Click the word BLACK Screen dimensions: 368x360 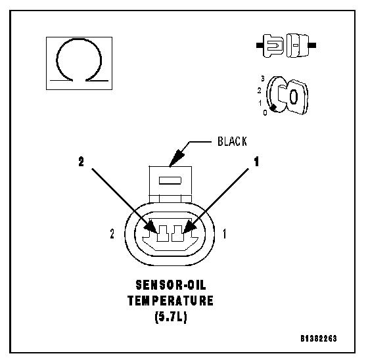click(x=232, y=141)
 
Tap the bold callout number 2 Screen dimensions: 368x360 click(x=81, y=162)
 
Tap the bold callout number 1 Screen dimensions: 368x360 click(x=256, y=162)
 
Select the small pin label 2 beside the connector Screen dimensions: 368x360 click(x=112, y=234)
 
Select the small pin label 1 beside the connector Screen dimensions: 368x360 click(x=225, y=234)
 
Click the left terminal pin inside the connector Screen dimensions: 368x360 click(x=163, y=233)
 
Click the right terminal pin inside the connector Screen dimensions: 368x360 click(x=177, y=233)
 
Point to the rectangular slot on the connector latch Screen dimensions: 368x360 click(x=170, y=181)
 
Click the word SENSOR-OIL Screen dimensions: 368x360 click(x=171, y=285)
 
